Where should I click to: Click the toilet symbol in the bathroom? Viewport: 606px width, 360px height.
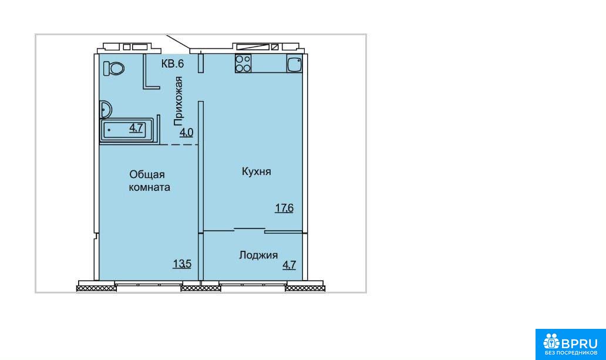(x=114, y=68)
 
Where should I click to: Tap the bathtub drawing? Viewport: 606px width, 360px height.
(x=127, y=130)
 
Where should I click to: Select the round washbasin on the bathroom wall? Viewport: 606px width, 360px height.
(x=105, y=109)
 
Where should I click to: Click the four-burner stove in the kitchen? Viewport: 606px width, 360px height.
(x=243, y=63)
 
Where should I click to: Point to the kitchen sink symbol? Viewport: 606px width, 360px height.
(x=294, y=63)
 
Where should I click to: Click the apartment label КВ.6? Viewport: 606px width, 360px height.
(x=173, y=63)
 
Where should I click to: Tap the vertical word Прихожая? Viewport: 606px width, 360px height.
(x=178, y=101)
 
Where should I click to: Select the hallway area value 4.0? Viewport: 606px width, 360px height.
(x=186, y=133)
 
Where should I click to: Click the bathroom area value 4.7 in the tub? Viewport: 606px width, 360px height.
(x=136, y=127)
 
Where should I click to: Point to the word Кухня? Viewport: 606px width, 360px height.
(x=256, y=171)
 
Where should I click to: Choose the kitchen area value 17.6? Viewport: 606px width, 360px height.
(x=284, y=208)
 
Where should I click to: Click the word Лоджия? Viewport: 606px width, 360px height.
(x=258, y=255)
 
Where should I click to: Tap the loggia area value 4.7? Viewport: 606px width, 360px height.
(x=289, y=265)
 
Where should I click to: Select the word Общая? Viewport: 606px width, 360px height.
(x=147, y=175)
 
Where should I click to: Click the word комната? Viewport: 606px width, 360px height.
(x=149, y=187)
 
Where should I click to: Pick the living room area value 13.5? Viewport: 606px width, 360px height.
(x=182, y=264)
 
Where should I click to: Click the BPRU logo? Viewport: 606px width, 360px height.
(x=570, y=344)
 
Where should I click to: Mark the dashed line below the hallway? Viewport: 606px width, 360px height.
(x=179, y=144)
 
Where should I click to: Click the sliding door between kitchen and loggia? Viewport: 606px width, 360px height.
(x=253, y=230)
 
